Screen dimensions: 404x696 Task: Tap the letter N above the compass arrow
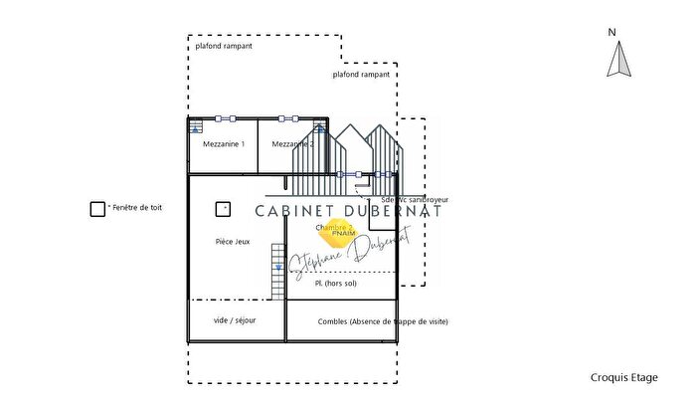[x=614, y=32]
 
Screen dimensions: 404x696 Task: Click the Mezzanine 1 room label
[x=224, y=144]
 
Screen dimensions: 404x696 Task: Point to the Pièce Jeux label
[x=233, y=242]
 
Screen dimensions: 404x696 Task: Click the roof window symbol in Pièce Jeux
[x=223, y=209]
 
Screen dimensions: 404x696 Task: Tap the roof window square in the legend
[x=97, y=209]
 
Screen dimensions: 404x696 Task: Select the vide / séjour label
[x=235, y=320]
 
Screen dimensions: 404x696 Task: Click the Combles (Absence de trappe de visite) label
[x=383, y=322]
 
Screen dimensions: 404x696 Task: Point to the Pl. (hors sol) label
[x=335, y=284]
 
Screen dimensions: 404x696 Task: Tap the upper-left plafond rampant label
[x=220, y=46]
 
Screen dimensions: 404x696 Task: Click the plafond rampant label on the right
[x=361, y=74]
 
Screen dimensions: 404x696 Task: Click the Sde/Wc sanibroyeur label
[x=410, y=199]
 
